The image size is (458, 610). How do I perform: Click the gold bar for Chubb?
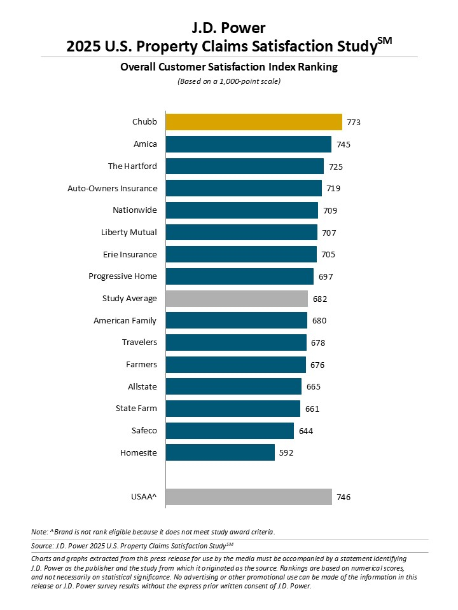pyautogui.click(x=254, y=122)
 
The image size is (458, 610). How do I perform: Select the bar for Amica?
pyautogui.click(x=248, y=144)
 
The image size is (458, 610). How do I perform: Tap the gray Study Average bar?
pyautogui.click(x=237, y=299)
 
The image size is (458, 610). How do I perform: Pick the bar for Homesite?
pyautogui.click(x=220, y=453)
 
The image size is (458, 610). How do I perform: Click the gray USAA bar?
pyautogui.click(x=249, y=497)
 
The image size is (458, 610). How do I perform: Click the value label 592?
pyautogui.click(x=286, y=453)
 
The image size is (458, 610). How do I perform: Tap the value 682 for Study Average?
pyautogui.click(x=319, y=299)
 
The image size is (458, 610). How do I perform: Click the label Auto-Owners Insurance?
pyautogui.click(x=112, y=188)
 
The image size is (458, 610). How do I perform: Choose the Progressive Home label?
pyautogui.click(x=123, y=276)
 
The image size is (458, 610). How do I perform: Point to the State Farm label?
pyautogui.click(x=136, y=409)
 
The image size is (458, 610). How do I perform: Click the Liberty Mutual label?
pyautogui.click(x=128, y=233)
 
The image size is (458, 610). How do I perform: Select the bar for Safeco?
pyautogui.click(x=230, y=431)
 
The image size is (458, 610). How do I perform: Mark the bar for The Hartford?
pyautogui.click(x=245, y=166)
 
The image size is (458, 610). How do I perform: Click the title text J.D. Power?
pyautogui.click(x=229, y=27)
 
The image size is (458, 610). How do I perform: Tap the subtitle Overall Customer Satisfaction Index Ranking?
pyautogui.click(x=229, y=67)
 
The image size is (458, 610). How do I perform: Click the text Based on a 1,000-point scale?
pyautogui.click(x=229, y=81)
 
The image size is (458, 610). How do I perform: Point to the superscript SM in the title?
pyautogui.click(x=384, y=41)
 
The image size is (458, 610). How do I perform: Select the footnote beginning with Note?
pyautogui.click(x=153, y=531)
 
